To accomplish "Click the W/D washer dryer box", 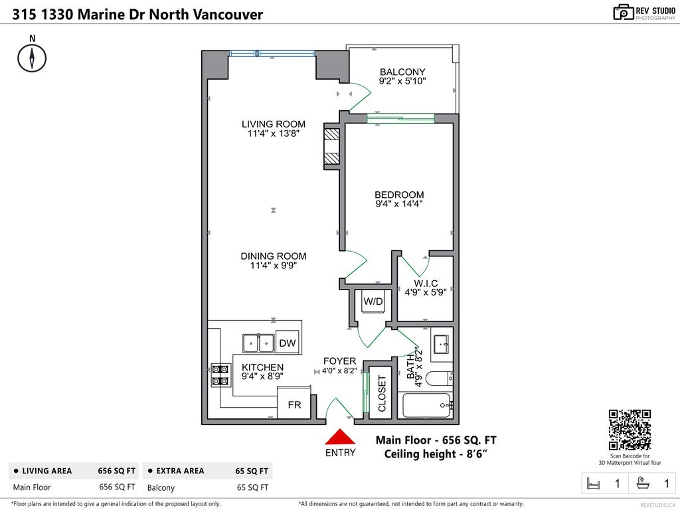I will (x=373, y=302).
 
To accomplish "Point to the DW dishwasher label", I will (x=287, y=343).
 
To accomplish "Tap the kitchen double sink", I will (x=259, y=343).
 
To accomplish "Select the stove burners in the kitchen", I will (x=220, y=375).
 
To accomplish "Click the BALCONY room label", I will (x=402, y=72).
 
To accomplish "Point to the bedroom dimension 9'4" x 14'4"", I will (x=399, y=205).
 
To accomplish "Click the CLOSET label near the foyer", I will (x=382, y=394).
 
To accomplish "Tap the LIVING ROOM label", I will (x=273, y=124).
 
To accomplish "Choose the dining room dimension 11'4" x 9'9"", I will (x=273, y=266).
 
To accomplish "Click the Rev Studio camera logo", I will (x=623, y=11).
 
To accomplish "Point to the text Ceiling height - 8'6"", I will (x=436, y=454).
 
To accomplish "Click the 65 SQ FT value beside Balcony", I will (x=252, y=487).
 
